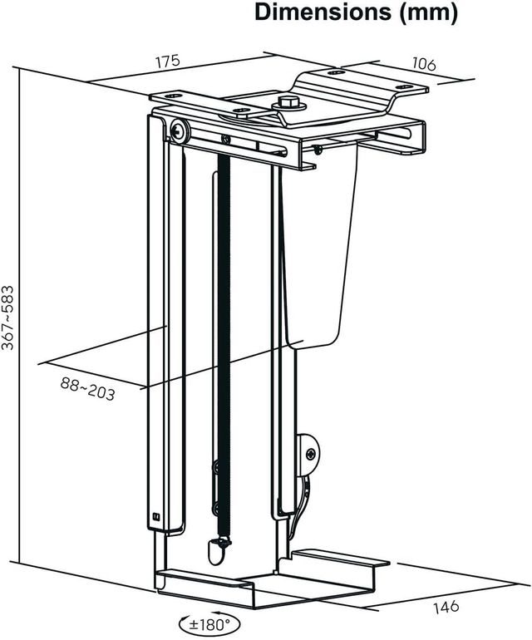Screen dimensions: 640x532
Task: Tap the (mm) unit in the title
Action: [x=427, y=13]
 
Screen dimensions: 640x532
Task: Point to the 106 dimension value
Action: [x=421, y=66]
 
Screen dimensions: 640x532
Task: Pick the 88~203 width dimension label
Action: [x=87, y=387]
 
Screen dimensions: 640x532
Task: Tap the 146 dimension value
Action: [x=446, y=606]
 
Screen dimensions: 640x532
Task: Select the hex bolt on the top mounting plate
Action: [x=288, y=104]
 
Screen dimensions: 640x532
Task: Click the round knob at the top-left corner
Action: [x=179, y=130]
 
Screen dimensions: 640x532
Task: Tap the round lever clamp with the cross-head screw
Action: [x=309, y=454]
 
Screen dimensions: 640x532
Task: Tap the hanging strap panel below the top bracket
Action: [x=328, y=249]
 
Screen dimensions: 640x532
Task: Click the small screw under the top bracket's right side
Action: [x=318, y=150]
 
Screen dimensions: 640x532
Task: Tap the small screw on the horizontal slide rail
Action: [x=224, y=139]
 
